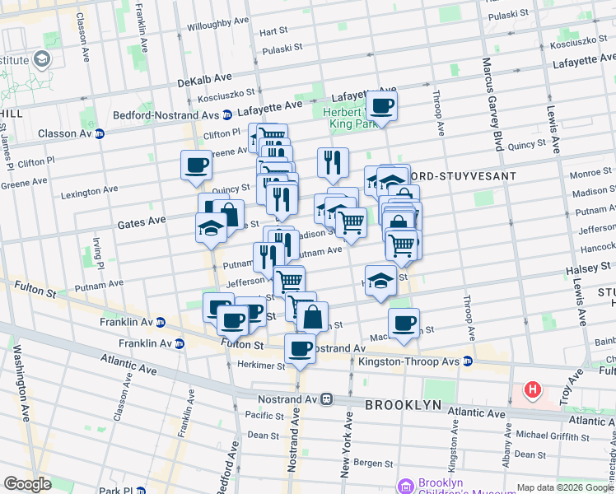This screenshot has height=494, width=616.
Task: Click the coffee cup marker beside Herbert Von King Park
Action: [x=381, y=106]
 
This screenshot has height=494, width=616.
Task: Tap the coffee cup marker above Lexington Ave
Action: [x=197, y=165]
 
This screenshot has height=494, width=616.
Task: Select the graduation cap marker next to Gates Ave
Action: [x=212, y=228]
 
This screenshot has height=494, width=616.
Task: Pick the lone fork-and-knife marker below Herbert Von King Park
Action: [x=333, y=163]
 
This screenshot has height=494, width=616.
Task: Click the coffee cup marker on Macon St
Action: [x=404, y=324]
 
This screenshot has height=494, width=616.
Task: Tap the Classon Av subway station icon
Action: [x=100, y=133]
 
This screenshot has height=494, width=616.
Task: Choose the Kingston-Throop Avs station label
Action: [x=421, y=361]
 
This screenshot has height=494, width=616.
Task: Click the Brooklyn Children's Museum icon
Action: [x=404, y=486]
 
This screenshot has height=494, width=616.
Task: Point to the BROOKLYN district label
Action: [x=404, y=406]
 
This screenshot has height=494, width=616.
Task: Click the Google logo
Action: [x=27, y=484]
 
